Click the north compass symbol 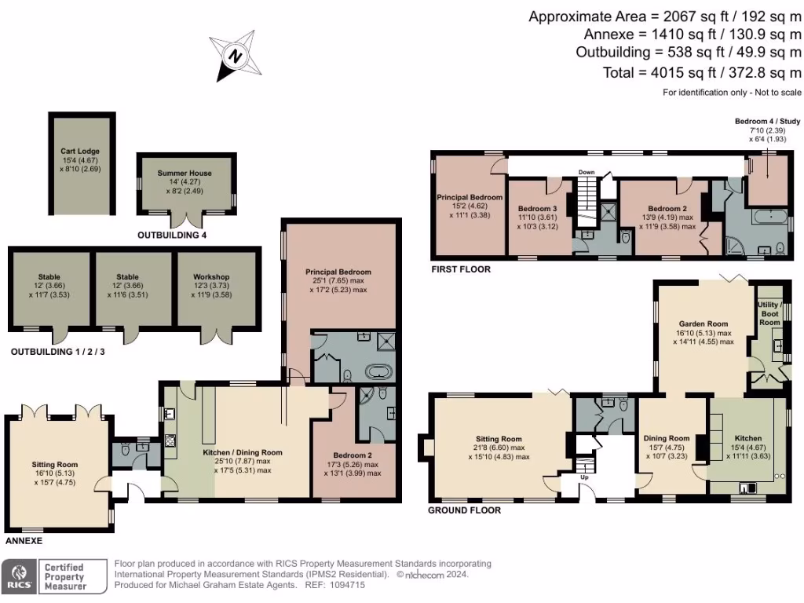[234, 56]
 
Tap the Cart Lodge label [80, 151]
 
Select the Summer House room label [185, 173]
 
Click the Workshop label [211, 277]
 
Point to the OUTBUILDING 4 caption [172, 235]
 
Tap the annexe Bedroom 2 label [352, 455]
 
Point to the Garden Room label [703, 323]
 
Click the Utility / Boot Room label [769, 313]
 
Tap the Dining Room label [667, 439]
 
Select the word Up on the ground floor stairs [583, 477]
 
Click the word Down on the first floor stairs [587, 171]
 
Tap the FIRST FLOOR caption [461, 269]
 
